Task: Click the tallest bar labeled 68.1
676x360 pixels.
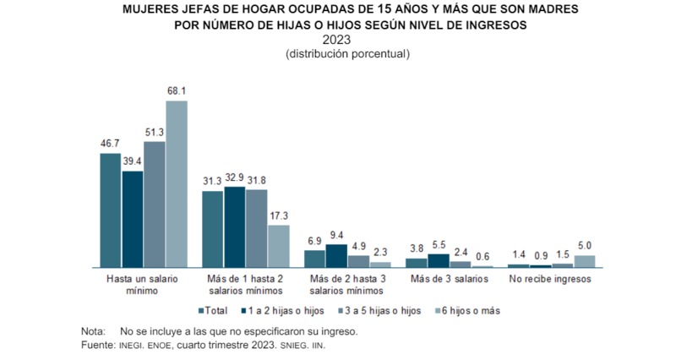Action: (x=176, y=184)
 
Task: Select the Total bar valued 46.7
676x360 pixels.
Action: (x=111, y=210)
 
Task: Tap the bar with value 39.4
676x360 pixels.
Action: (x=133, y=220)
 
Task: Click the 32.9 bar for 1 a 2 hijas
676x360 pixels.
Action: (x=235, y=227)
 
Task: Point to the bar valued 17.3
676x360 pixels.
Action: (x=279, y=246)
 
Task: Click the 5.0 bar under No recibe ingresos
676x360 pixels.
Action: (x=585, y=261)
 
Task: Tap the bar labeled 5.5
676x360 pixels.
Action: (x=439, y=260)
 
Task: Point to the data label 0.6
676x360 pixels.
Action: (x=482, y=257)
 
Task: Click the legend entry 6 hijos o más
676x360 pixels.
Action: (x=466, y=310)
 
